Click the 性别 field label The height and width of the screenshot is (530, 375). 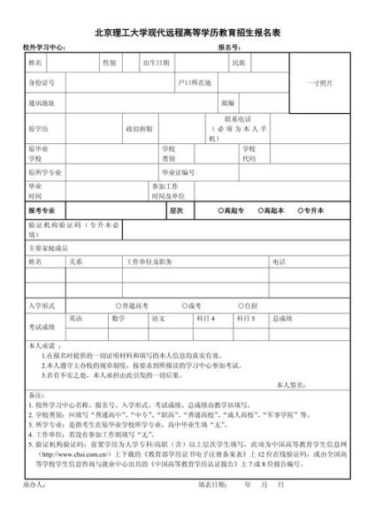pos(109,64)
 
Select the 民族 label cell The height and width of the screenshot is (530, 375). pos(239,64)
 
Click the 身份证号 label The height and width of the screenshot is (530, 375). pos(42,82)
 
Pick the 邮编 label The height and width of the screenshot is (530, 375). pos(228,103)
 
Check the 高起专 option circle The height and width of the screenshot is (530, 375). pos(221,211)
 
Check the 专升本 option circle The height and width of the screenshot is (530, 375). pos(299,211)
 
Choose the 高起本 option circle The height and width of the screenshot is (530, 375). pos(260,211)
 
